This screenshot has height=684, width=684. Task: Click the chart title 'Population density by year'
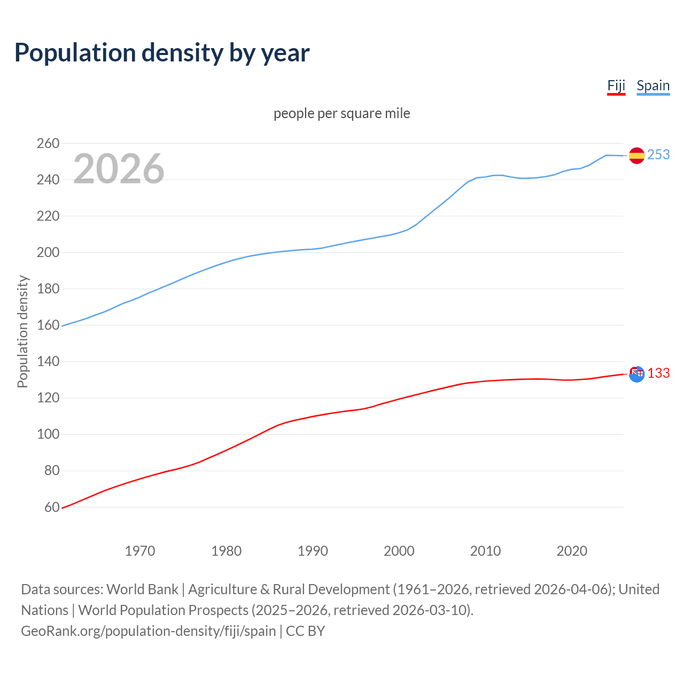tap(162, 53)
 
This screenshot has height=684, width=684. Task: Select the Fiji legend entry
tap(616, 86)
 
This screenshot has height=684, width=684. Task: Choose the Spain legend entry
tap(653, 86)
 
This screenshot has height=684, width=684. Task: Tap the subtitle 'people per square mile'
tap(342, 114)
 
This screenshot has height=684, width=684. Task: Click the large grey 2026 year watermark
tap(119, 169)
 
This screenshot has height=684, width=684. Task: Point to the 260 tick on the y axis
tap(48, 143)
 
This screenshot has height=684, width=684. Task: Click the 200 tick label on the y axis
tap(48, 252)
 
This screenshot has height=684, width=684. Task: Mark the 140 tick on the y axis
tap(48, 362)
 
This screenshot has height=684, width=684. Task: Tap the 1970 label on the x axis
tap(140, 551)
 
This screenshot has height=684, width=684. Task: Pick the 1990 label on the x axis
tap(313, 551)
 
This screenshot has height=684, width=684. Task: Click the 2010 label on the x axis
tap(485, 551)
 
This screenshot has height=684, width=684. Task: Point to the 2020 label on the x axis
tap(572, 551)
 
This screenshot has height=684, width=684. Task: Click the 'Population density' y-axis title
tap(22, 331)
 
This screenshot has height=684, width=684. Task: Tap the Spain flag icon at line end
tap(636, 156)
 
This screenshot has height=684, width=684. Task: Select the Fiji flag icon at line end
tap(636, 374)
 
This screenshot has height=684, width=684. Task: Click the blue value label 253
tap(658, 155)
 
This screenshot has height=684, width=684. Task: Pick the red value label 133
tap(658, 374)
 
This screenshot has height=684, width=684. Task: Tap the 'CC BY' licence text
tap(305, 631)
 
